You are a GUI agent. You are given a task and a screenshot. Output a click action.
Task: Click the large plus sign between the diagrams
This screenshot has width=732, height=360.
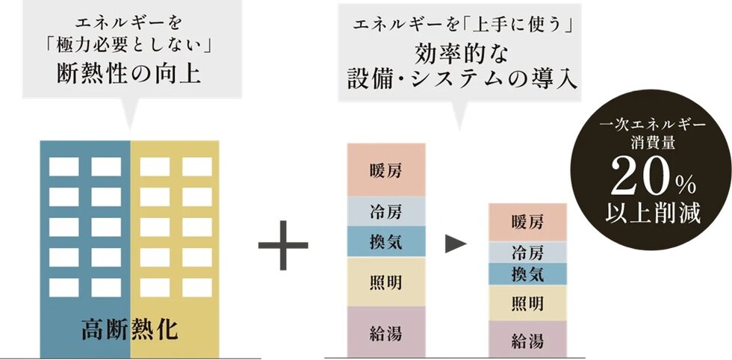pyautogui.click(x=283, y=245)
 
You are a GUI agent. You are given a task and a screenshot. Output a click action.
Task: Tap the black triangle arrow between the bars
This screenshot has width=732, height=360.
pyautogui.click(x=456, y=245)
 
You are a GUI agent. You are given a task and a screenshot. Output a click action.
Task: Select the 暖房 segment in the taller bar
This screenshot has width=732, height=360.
pyautogui.click(x=387, y=170)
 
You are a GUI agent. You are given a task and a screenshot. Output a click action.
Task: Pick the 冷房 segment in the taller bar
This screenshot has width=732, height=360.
pyautogui.click(x=387, y=211)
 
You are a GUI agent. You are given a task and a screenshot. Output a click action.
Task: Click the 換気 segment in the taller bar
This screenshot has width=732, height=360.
pyautogui.click(x=387, y=242)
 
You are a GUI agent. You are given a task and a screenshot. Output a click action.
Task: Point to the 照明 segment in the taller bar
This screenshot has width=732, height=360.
pyautogui.click(x=387, y=282)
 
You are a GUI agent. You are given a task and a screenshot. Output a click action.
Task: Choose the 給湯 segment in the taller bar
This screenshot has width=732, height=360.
pyautogui.click(x=387, y=332)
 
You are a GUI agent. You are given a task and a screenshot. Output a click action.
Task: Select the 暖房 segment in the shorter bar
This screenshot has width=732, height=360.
pyautogui.click(x=527, y=223)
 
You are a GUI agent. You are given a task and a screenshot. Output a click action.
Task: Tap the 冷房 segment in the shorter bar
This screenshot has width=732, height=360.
pyautogui.click(x=527, y=252)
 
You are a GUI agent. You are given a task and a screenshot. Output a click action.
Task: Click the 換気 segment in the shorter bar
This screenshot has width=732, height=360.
pyautogui.click(x=527, y=274)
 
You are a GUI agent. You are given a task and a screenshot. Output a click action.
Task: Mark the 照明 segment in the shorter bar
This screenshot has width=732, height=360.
pyautogui.click(x=527, y=303)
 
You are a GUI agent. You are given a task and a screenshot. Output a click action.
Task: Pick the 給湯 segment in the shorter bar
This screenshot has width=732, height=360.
pyautogui.click(x=527, y=339)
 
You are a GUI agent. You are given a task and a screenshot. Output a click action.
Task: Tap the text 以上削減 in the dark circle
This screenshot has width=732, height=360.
pyautogui.click(x=653, y=213)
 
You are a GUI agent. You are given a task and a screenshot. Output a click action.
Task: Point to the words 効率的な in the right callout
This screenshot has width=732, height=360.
pyautogui.click(x=460, y=55)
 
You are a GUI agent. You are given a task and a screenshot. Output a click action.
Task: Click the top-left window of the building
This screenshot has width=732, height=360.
pyautogui.click(x=64, y=167)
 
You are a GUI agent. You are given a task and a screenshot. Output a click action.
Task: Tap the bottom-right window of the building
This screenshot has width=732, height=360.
pyautogui.click(x=197, y=288)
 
